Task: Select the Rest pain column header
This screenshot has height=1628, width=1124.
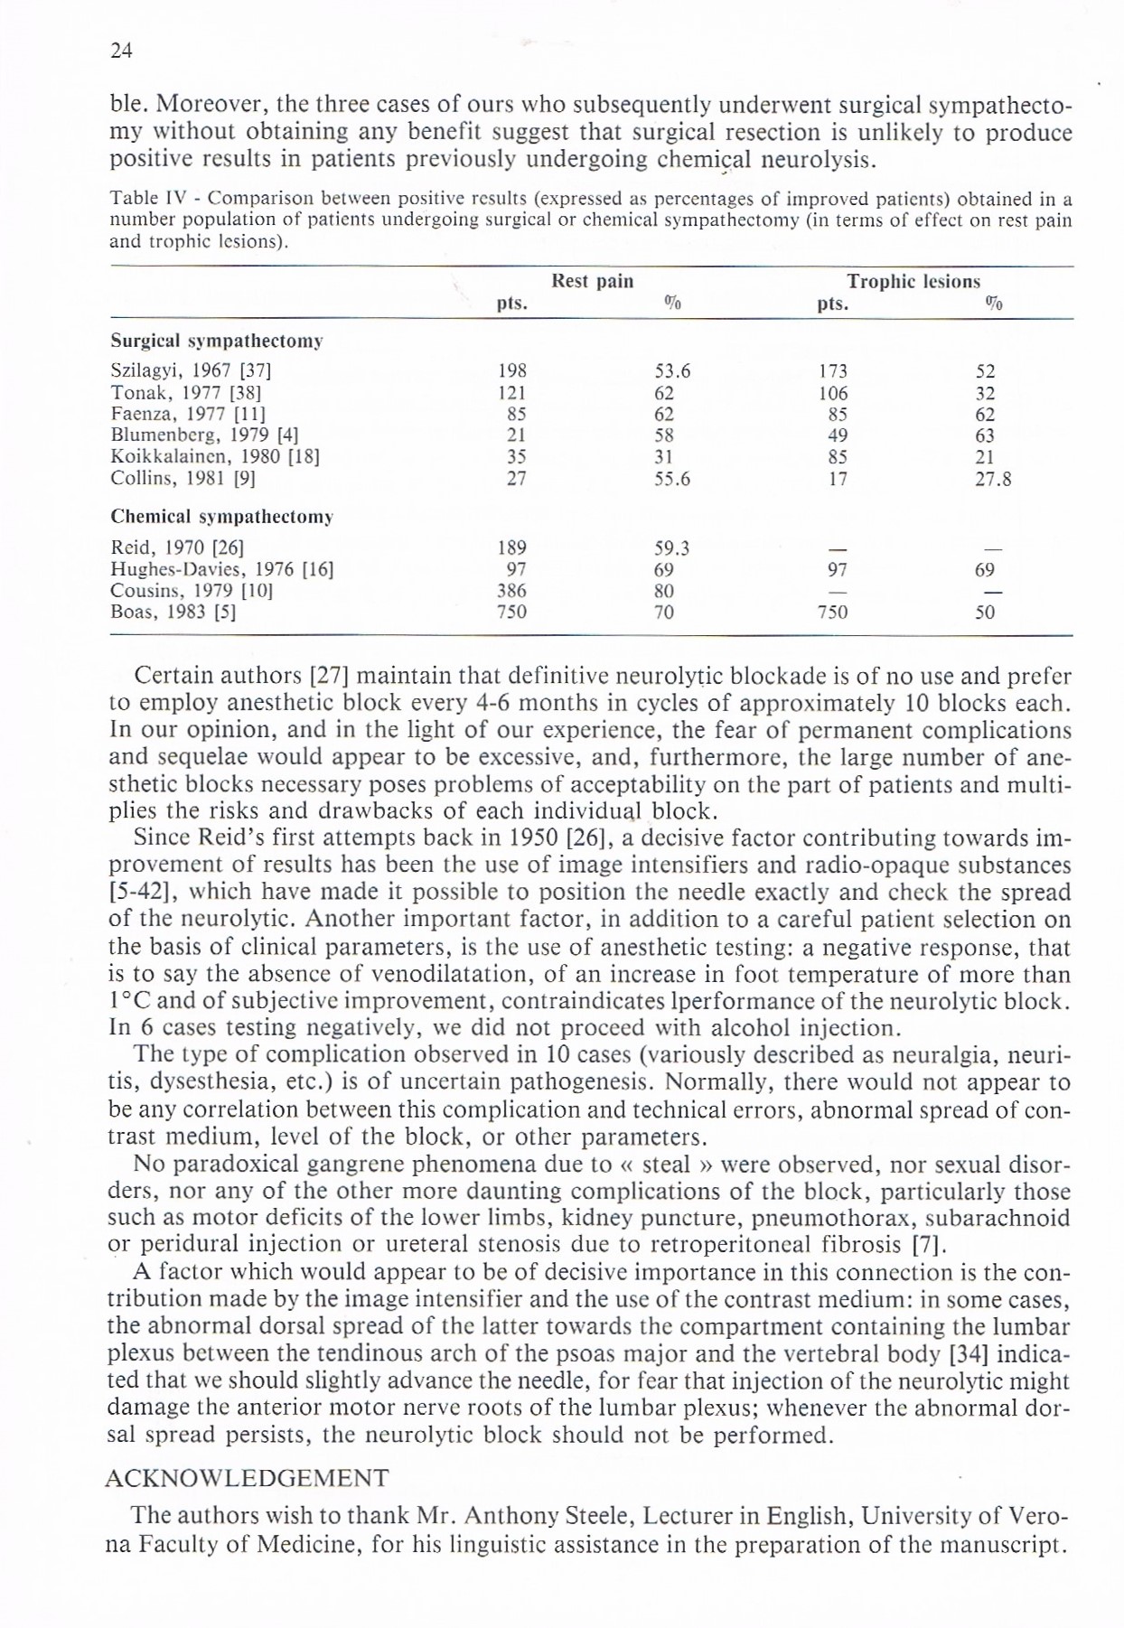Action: (x=592, y=281)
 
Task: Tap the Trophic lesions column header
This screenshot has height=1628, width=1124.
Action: (x=913, y=281)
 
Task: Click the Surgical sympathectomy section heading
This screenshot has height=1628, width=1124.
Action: (x=217, y=342)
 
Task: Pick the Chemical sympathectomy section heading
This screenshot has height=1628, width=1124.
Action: (x=221, y=517)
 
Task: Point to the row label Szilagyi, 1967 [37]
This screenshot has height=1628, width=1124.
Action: (x=191, y=370)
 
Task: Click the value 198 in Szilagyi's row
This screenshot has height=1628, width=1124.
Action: (x=512, y=370)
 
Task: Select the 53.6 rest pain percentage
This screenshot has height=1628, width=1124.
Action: (x=671, y=370)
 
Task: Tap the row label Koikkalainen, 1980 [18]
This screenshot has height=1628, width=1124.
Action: (x=214, y=457)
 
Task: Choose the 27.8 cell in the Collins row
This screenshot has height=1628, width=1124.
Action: (x=992, y=479)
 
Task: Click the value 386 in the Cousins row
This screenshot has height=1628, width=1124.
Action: (x=512, y=591)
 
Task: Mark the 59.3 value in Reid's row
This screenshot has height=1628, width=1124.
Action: (x=671, y=547)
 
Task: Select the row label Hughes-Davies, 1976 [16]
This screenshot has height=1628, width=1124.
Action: (x=221, y=569)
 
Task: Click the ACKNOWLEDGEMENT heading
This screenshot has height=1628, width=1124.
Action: (x=247, y=1478)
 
